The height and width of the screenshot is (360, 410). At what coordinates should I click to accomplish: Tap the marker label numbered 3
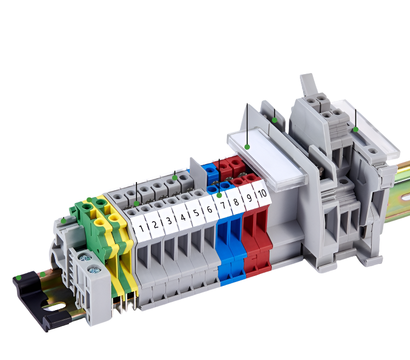point(169,220)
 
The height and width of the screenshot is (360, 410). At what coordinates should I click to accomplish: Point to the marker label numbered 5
point(196,212)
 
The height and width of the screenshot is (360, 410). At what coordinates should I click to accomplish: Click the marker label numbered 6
point(209,209)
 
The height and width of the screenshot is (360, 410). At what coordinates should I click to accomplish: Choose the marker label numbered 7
point(223,205)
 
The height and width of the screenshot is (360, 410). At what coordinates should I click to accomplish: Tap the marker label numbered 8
point(236,201)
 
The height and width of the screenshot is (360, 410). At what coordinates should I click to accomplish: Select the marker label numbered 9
point(249,198)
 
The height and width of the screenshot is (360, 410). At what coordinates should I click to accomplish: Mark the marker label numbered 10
point(262,194)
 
